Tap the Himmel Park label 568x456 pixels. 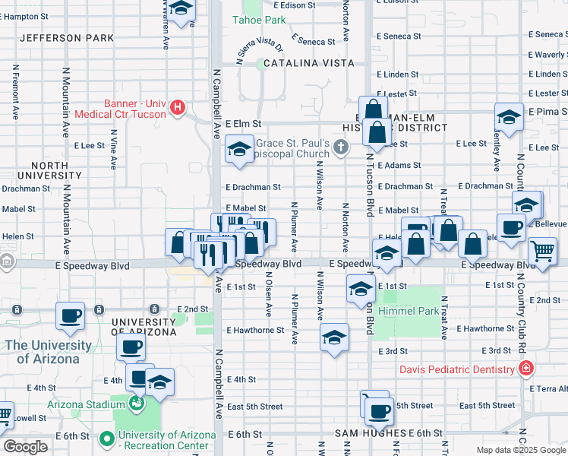(410, 312)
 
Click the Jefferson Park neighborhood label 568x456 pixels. (67, 38)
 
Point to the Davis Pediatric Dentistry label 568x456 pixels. (459, 370)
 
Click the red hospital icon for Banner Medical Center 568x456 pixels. (178, 107)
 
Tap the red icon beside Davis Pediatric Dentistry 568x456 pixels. (525, 369)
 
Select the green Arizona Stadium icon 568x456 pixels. (137, 403)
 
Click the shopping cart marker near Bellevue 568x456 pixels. (542, 250)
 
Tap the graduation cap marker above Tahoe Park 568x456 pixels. (181, 9)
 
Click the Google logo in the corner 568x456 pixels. (25, 447)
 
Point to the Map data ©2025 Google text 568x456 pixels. (521, 450)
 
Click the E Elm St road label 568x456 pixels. (243, 123)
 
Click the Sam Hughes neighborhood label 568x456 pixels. (370, 433)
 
